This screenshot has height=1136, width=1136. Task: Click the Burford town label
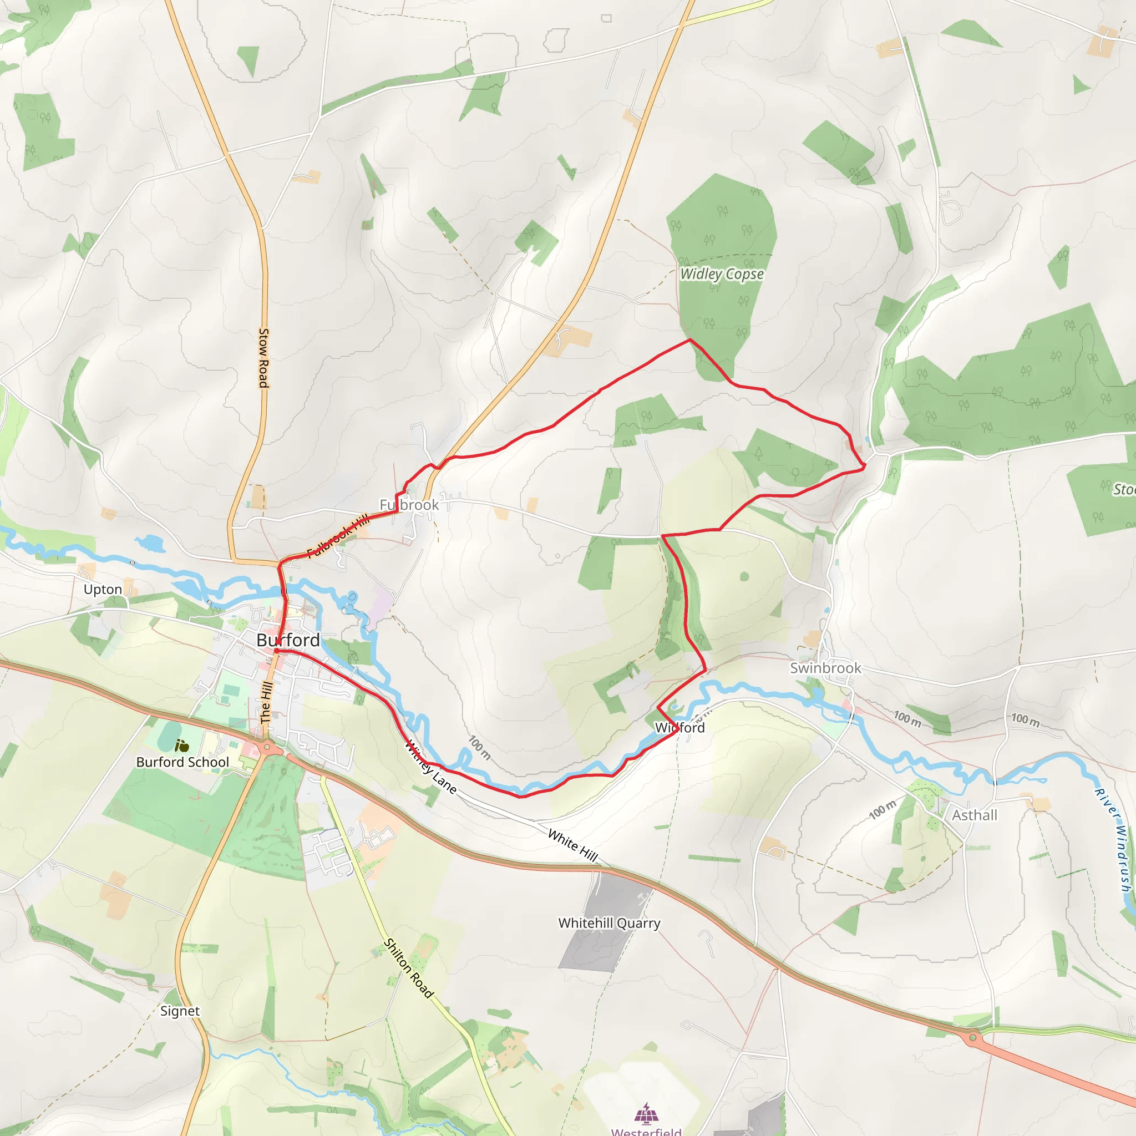click(x=288, y=640)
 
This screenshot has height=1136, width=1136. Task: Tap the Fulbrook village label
click(x=409, y=505)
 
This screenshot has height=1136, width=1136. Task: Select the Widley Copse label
click(x=722, y=274)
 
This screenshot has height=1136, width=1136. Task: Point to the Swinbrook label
click(x=825, y=668)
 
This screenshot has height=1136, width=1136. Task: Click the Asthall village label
click(x=974, y=815)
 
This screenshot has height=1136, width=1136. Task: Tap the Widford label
click(x=679, y=727)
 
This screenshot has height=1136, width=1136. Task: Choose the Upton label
click(x=103, y=590)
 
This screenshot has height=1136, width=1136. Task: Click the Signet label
click(x=180, y=1011)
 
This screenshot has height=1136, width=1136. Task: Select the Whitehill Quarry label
click(x=609, y=923)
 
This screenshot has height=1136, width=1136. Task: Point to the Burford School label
click(x=182, y=762)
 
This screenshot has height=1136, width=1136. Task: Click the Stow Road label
click(x=264, y=358)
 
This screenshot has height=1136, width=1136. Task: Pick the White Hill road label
click(x=572, y=845)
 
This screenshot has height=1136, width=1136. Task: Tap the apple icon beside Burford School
click(x=182, y=746)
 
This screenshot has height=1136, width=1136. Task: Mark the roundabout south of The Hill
click(x=268, y=748)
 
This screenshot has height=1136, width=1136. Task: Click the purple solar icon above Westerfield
click(x=646, y=1113)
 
